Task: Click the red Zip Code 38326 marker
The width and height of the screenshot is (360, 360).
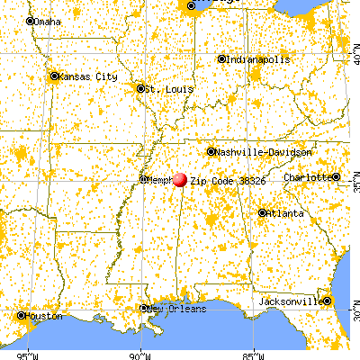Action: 180,180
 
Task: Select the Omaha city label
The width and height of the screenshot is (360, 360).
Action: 49,21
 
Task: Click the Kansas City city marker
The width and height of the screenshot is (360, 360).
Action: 54,76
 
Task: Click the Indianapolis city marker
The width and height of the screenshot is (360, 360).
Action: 222,59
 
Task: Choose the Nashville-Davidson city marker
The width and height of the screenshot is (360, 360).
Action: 211,151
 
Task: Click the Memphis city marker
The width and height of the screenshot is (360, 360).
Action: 143,179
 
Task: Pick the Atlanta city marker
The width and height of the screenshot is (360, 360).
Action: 262,213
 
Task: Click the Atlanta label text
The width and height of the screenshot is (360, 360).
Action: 284,213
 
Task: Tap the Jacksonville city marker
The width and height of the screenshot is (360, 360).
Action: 327,301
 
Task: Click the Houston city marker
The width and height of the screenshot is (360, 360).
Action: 22,316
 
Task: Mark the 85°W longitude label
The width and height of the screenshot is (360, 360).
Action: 254,353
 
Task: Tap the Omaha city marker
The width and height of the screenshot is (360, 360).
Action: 30,21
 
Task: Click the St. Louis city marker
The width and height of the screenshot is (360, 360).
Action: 140,88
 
